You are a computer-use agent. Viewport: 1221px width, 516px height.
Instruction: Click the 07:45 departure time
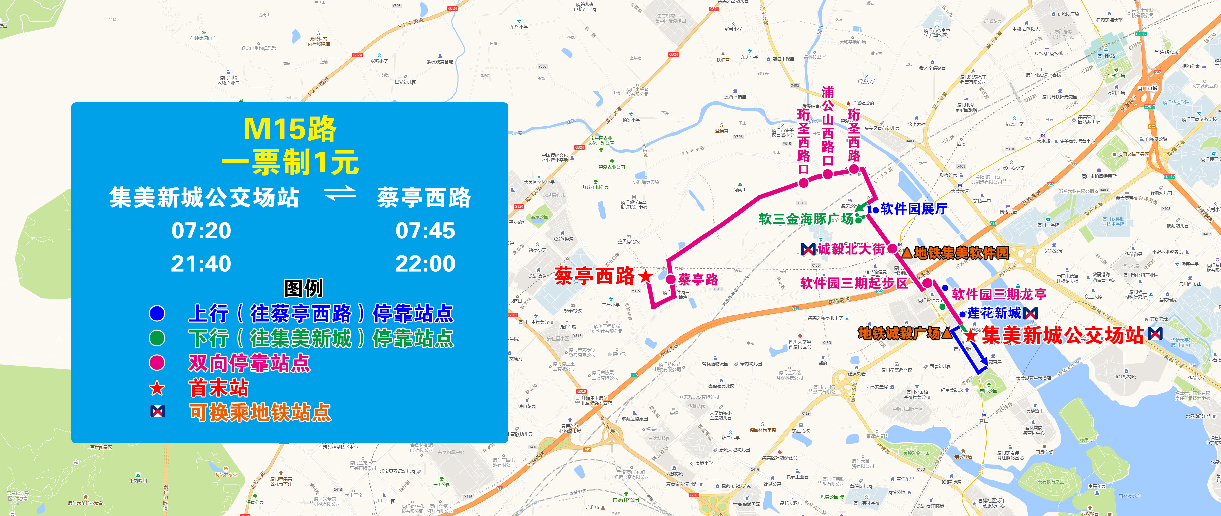tap(425, 231)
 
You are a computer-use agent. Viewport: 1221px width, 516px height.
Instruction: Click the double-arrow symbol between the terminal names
tap(339, 193)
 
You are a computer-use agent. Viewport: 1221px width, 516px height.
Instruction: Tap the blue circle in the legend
tap(157, 313)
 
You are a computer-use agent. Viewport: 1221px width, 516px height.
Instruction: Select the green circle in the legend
tap(157, 338)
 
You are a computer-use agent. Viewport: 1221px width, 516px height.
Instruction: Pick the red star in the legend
tap(157, 389)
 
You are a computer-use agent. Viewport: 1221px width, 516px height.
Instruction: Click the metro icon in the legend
tap(157, 411)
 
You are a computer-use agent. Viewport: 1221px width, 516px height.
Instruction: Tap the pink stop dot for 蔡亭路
tap(671, 279)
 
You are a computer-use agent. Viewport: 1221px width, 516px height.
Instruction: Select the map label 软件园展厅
tap(914, 208)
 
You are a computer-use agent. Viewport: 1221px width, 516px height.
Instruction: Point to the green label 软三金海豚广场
tap(806, 219)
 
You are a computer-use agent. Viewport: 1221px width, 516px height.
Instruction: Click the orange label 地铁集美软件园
tap(961, 253)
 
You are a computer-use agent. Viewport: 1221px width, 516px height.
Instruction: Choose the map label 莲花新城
tap(994, 313)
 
